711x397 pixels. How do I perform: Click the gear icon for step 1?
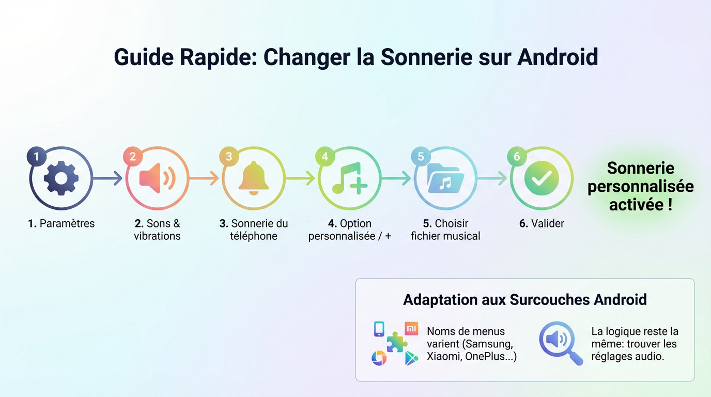point(61,178)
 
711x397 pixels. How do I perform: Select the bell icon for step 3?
point(253,178)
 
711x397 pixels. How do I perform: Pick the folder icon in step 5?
point(445,178)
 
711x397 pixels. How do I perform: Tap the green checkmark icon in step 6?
point(541,178)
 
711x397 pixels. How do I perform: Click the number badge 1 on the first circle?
point(36,156)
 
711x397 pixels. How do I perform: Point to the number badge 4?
point(324,156)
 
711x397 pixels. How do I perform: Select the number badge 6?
point(517,156)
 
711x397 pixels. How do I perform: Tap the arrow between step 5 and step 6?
point(492,178)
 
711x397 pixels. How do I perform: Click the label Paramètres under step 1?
point(67,223)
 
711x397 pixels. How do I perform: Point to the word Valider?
point(547,223)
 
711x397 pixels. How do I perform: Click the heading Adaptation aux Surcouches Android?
point(524,299)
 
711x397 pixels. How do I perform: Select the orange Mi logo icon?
point(411,328)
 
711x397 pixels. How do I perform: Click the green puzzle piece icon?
point(396,342)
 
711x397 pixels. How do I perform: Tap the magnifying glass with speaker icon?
point(560,342)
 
